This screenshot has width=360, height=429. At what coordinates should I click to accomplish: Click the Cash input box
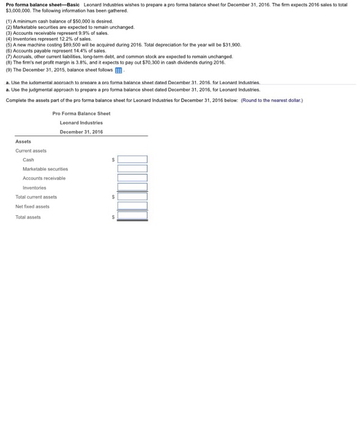click(x=132, y=159)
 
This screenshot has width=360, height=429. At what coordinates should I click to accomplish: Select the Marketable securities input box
click(x=132, y=169)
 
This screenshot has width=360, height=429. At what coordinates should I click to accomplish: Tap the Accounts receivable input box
click(x=132, y=178)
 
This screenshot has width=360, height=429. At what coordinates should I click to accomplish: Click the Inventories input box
click(x=132, y=188)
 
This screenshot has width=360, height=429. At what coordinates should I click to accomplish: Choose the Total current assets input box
click(x=132, y=197)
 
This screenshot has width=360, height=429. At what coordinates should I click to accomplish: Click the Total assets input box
click(x=132, y=216)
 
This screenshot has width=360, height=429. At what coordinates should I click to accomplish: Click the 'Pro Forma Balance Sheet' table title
click(x=81, y=113)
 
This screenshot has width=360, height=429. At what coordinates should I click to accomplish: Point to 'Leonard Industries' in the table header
click(x=81, y=122)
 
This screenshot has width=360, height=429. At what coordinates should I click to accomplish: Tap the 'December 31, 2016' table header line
click(x=81, y=132)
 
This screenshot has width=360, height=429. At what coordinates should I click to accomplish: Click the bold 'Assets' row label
click(x=23, y=141)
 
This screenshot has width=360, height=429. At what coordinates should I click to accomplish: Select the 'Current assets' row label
click(x=31, y=150)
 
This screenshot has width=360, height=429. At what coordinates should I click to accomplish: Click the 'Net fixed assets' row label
click(x=32, y=207)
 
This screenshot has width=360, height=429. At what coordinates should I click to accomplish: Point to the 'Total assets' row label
click(x=28, y=216)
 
